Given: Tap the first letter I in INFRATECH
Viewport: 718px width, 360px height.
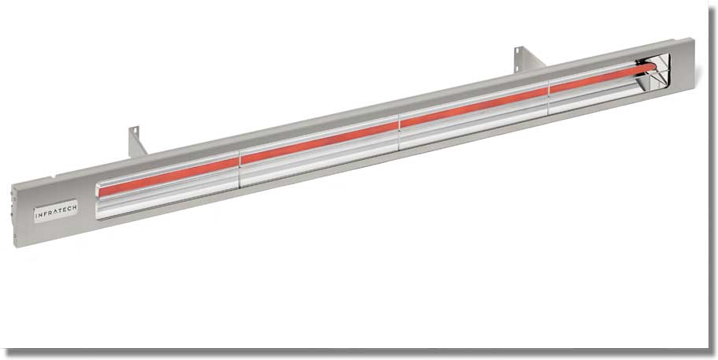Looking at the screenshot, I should point(36,213).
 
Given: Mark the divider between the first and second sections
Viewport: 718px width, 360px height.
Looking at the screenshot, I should point(239,167).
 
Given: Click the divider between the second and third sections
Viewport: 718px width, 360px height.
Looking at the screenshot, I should point(399,130).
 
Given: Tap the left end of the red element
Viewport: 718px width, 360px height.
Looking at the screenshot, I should point(100,190).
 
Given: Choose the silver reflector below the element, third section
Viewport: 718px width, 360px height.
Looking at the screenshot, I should point(472,123).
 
